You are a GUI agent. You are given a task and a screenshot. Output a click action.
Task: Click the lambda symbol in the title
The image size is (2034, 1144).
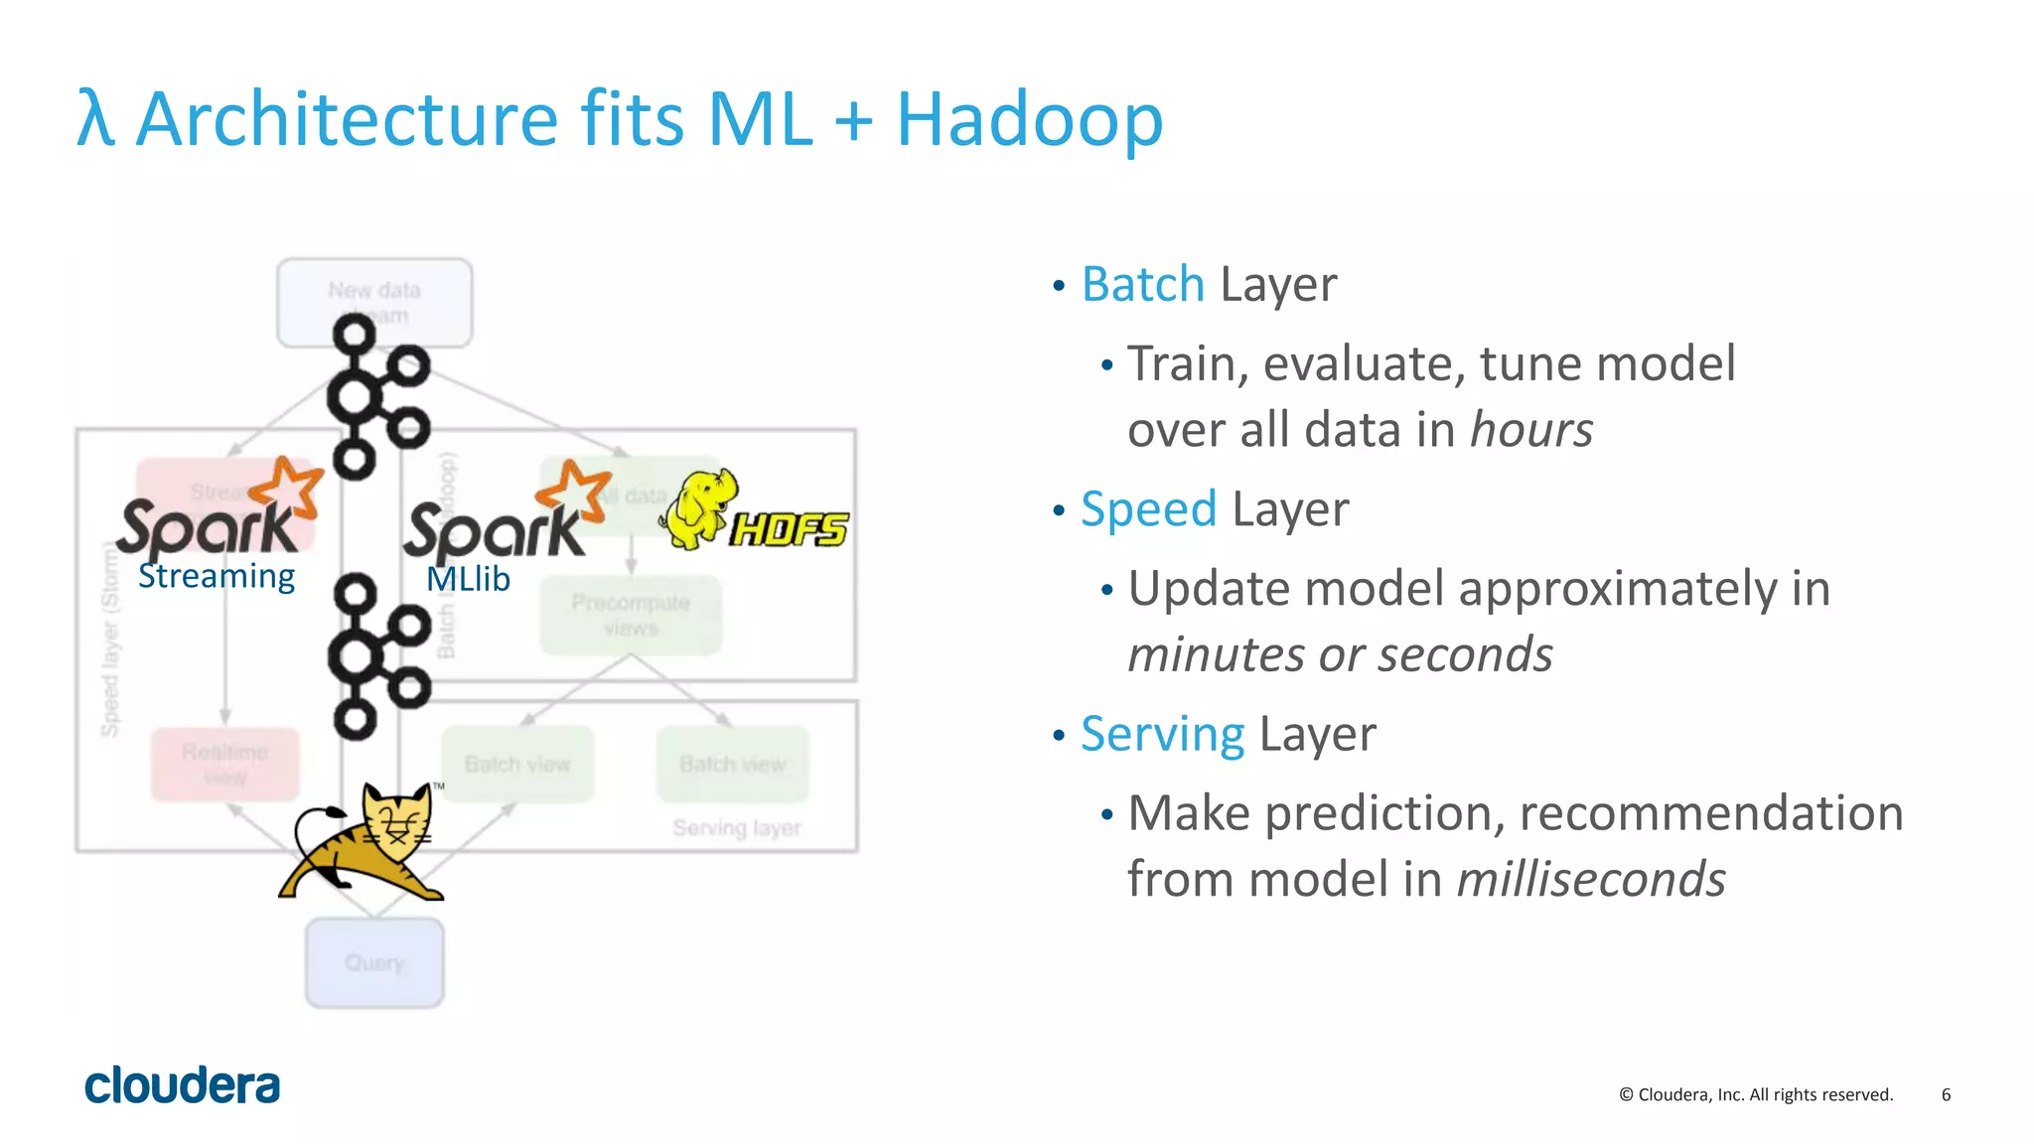pos(95,119)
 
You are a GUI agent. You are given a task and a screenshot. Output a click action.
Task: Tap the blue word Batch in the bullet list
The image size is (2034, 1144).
pos(1142,285)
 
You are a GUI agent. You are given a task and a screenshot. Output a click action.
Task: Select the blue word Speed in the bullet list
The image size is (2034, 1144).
pos(1148,509)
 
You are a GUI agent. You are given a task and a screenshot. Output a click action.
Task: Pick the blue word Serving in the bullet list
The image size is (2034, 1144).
pos(1162,735)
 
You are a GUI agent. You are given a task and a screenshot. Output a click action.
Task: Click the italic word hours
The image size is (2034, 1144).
pos(1530,430)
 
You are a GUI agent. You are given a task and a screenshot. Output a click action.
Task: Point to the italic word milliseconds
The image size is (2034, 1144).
pos(1590,880)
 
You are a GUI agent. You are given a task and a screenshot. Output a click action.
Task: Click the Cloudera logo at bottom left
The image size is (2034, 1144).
pos(182,1085)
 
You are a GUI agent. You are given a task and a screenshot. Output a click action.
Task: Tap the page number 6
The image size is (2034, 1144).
pos(1946,1094)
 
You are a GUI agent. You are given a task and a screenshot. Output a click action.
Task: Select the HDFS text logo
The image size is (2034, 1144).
pos(790,529)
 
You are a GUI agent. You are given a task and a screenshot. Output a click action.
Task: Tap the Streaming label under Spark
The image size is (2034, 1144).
pos(217,576)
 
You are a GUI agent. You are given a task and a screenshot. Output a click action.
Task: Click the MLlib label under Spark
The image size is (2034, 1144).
pos(468,579)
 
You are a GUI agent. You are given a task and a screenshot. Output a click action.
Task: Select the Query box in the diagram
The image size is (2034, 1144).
pos(374,962)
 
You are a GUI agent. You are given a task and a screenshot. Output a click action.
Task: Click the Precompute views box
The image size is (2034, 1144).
pos(630,615)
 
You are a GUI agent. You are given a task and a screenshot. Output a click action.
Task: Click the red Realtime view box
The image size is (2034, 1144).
pos(224,764)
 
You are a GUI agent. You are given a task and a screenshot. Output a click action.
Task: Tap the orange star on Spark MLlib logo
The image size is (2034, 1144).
pos(573,490)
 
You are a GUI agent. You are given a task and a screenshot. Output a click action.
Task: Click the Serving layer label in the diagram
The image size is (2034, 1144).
pos(736,828)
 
